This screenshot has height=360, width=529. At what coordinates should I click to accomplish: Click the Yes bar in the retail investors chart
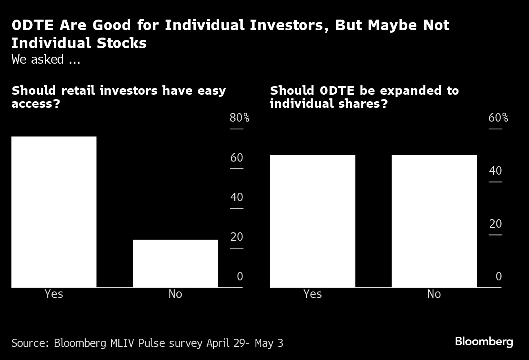[x=54, y=212]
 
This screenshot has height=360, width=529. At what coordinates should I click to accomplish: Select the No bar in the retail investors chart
[x=175, y=263]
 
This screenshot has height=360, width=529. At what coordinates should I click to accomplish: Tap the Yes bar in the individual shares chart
[x=313, y=221]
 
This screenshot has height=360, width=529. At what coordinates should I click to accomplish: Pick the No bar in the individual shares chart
[x=434, y=221]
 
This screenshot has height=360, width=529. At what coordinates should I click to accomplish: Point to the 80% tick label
[x=239, y=118]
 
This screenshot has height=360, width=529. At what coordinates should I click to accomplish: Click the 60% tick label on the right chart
[x=498, y=118]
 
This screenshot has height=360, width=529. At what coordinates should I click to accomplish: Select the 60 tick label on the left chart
[x=237, y=158]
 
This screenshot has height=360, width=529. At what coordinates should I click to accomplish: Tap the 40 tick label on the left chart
[x=237, y=198]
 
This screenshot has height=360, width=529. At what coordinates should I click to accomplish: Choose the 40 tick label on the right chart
[x=495, y=171]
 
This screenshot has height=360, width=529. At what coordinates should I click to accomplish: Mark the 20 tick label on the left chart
[x=237, y=237]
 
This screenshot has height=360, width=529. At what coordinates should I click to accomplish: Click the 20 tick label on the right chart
[x=495, y=224]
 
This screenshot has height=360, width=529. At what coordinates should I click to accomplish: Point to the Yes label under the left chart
[x=54, y=294]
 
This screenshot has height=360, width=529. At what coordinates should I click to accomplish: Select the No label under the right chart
[x=434, y=294]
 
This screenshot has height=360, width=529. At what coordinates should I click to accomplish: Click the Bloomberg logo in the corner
[x=484, y=342]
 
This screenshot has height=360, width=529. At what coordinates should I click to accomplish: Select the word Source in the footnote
[x=30, y=343]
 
